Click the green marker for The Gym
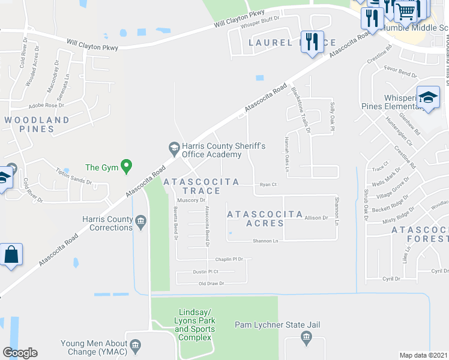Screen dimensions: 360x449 (126, 167)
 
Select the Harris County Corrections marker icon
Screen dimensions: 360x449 (141, 223)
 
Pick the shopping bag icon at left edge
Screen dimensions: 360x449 (11, 255)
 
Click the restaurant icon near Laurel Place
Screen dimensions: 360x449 (312, 42)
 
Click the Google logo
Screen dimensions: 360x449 (20, 353)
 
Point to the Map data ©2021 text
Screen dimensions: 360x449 (423, 355)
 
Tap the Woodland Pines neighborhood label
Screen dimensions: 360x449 (37, 124)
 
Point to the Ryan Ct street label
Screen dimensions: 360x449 (268, 185)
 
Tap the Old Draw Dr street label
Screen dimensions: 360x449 (211, 283)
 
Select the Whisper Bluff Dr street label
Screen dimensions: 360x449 (261, 26)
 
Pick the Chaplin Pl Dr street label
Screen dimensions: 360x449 (229, 259)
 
